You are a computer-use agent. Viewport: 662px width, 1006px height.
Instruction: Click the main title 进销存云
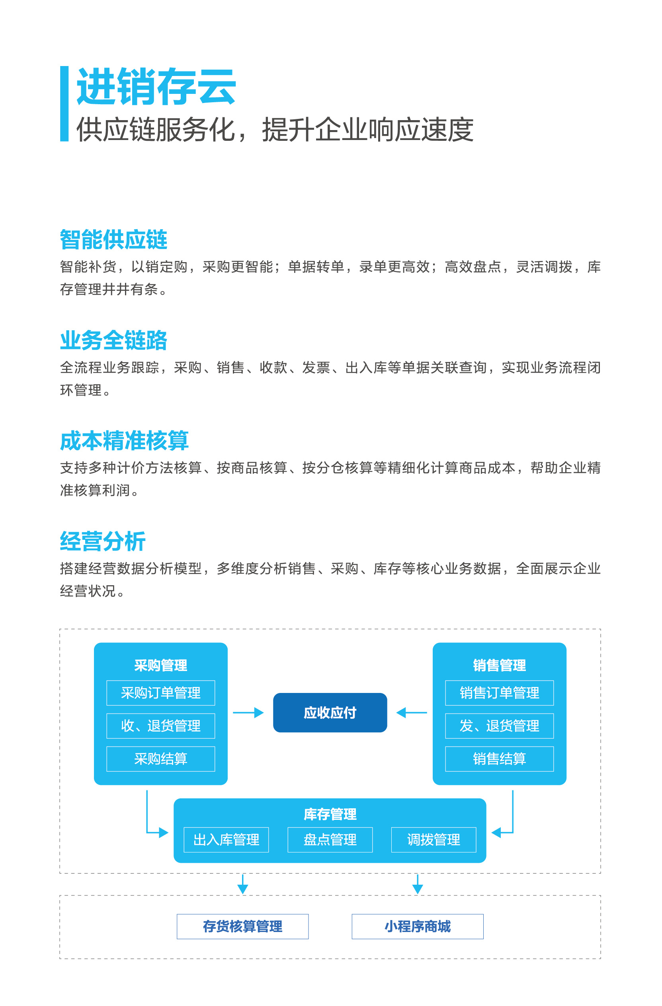(156, 87)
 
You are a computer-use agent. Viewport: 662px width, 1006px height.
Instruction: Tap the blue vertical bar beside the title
(64, 103)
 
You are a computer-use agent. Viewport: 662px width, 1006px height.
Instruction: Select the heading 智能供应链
(113, 239)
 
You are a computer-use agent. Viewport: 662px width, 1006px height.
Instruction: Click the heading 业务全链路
(113, 340)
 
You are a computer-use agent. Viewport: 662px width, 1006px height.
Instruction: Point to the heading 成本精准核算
(124, 441)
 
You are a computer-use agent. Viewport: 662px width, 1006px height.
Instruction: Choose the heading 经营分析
(103, 541)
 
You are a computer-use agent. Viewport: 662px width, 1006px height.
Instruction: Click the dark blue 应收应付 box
(330, 713)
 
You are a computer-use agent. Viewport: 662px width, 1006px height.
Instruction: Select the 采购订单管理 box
(161, 693)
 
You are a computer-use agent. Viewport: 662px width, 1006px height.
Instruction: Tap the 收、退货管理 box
(161, 726)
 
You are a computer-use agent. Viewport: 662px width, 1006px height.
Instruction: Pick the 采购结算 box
(161, 759)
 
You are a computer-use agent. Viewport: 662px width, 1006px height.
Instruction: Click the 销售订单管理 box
(499, 693)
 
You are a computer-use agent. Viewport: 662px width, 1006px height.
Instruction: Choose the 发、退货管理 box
(499, 726)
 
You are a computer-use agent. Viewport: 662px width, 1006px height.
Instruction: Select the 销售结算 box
(499, 759)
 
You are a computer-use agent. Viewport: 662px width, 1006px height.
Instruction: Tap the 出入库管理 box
(227, 839)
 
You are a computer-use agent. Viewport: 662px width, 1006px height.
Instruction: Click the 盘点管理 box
(330, 839)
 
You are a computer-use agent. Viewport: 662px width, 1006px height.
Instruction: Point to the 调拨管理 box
(434, 839)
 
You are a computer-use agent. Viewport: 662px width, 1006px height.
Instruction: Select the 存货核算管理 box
(242, 926)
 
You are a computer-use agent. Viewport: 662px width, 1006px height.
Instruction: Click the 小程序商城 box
(418, 926)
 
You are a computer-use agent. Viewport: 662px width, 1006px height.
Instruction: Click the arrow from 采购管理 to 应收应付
(248, 713)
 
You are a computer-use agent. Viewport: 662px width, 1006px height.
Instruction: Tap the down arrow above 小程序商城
(418, 884)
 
